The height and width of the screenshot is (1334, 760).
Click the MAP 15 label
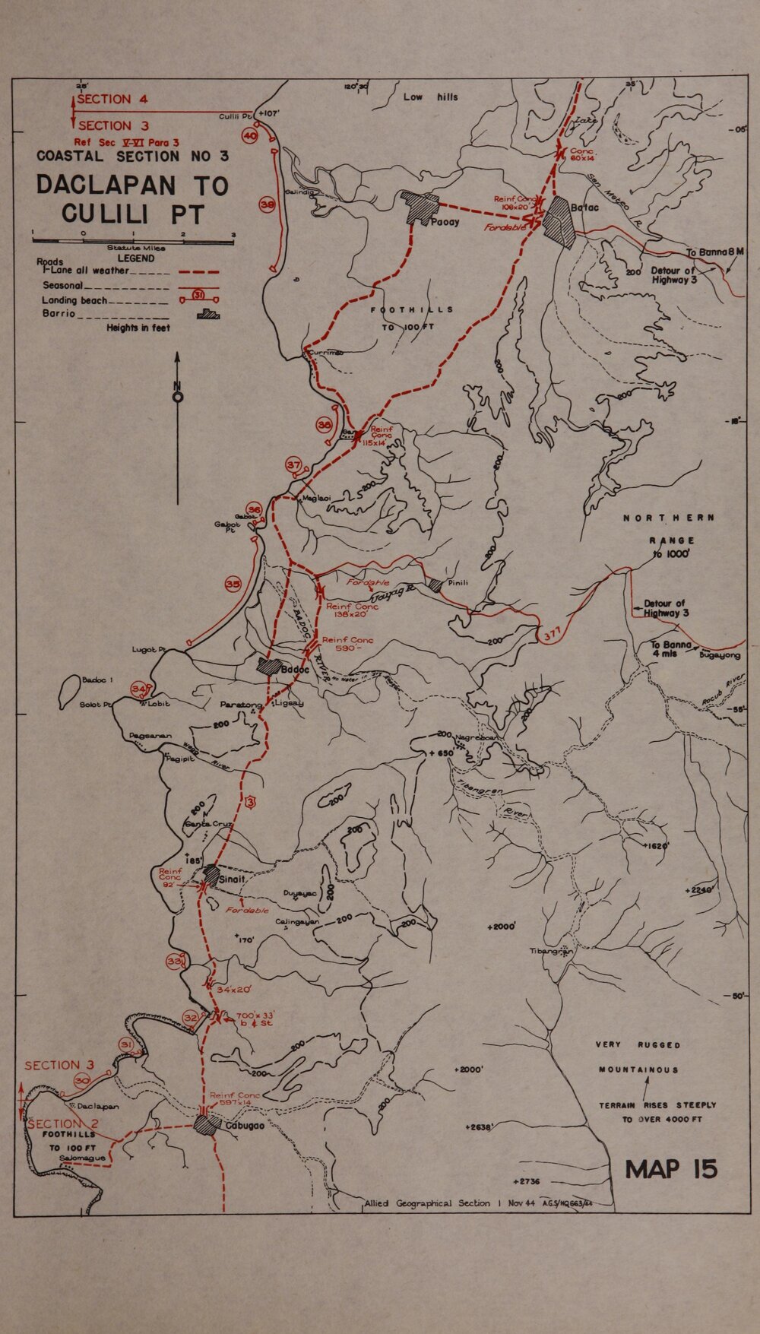click(x=671, y=1169)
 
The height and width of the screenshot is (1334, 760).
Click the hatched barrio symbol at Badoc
click(x=268, y=667)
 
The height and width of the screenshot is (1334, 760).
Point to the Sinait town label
click(x=232, y=879)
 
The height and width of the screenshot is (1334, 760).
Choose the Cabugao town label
click(x=245, y=1126)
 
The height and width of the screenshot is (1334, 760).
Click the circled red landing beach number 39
click(x=267, y=205)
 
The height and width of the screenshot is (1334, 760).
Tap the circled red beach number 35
click(x=233, y=585)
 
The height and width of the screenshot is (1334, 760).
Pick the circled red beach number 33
click(x=176, y=962)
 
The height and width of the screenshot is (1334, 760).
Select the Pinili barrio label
click(x=458, y=583)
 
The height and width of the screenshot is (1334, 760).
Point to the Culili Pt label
click(x=234, y=116)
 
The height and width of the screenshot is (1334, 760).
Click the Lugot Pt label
click(x=149, y=650)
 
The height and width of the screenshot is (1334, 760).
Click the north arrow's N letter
click(x=177, y=385)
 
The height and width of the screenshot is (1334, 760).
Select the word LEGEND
click(x=136, y=258)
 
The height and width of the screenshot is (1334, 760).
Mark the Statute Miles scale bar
click(x=133, y=241)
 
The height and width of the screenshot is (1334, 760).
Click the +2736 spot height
click(x=526, y=1181)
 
